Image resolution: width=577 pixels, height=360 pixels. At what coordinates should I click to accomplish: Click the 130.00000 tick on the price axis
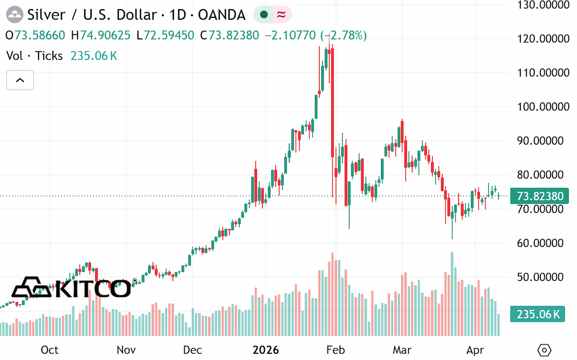pyautogui.click(x=543, y=5)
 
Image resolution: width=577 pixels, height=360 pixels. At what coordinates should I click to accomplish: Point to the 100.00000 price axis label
pyautogui.click(x=543, y=107)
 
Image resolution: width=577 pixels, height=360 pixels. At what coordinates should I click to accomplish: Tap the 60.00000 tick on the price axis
pyautogui.click(x=540, y=243)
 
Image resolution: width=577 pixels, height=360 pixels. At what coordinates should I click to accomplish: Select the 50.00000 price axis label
pyautogui.click(x=540, y=277)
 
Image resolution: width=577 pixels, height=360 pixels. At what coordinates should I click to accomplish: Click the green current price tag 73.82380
pyautogui.click(x=539, y=196)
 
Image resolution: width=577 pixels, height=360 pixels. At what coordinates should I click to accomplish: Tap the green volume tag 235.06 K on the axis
pyautogui.click(x=538, y=314)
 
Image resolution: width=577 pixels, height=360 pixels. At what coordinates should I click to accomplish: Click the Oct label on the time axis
pyautogui.click(x=50, y=350)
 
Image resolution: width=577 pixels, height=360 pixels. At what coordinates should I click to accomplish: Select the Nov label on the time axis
pyautogui.click(x=126, y=350)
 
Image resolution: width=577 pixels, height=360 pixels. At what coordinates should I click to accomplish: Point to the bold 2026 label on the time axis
pyautogui.click(x=265, y=350)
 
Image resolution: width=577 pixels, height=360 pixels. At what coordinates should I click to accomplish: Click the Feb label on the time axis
pyautogui.click(x=336, y=350)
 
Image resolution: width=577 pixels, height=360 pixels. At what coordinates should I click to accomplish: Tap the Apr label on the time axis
pyautogui.click(x=475, y=350)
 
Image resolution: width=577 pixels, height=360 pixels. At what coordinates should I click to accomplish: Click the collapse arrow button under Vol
pyautogui.click(x=20, y=80)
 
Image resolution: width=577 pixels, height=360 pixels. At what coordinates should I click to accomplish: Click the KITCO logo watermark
pyautogui.click(x=71, y=287)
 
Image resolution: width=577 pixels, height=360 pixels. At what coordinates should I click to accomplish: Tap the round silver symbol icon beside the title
pyautogui.click(x=14, y=15)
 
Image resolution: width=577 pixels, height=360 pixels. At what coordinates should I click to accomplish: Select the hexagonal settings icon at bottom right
pyautogui.click(x=544, y=350)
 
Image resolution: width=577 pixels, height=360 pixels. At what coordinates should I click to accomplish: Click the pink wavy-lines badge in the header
pyautogui.click(x=282, y=14)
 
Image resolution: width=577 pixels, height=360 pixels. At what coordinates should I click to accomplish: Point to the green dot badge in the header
pyautogui.click(x=263, y=14)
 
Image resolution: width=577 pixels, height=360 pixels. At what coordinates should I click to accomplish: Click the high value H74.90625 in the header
pyautogui.click(x=100, y=35)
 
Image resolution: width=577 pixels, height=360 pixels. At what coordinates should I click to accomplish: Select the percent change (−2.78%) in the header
pyautogui.click(x=343, y=35)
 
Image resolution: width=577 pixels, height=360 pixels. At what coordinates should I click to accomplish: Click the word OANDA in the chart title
pyautogui.click(x=222, y=15)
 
